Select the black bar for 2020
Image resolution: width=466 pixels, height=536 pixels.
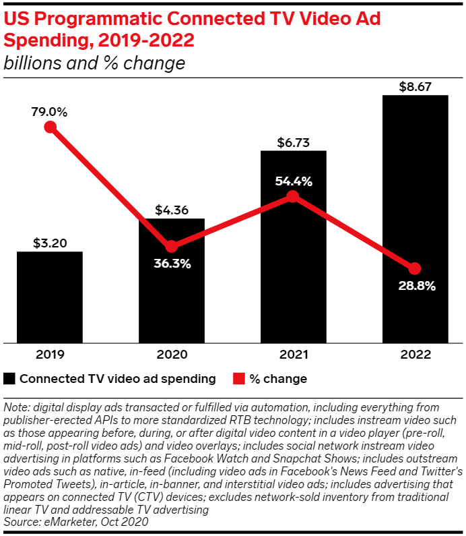click(x=171, y=297)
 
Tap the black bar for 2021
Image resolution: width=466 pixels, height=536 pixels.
click(x=293, y=270)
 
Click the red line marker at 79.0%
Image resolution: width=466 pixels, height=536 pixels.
click(x=49, y=127)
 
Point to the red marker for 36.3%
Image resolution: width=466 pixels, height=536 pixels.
click(x=171, y=246)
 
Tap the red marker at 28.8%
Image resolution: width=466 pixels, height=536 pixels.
click(x=415, y=268)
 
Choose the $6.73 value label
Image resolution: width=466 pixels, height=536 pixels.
click(x=293, y=142)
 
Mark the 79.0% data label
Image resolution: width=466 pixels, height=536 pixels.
click(x=49, y=112)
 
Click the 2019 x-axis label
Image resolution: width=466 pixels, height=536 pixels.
click(x=49, y=354)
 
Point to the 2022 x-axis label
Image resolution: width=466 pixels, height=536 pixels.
click(x=415, y=354)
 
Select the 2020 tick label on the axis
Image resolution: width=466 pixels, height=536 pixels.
click(x=171, y=354)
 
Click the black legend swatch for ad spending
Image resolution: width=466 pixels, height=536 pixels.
click(x=9, y=379)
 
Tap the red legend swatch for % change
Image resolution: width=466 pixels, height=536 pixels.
click(x=238, y=379)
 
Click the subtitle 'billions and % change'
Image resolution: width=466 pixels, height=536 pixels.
click(x=94, y=64)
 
